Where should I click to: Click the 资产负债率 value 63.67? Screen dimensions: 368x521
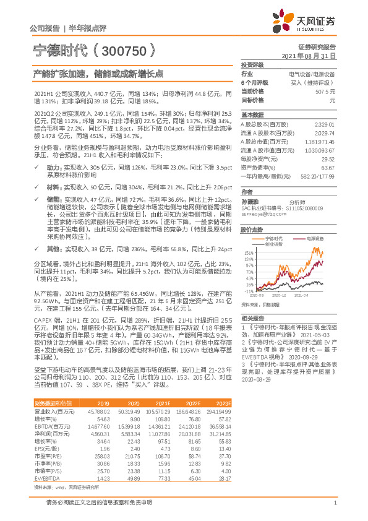(x=328, y=167)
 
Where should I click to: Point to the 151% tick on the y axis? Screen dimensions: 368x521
(x=249, y=253)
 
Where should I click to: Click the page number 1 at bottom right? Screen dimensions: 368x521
(x=335, y=503)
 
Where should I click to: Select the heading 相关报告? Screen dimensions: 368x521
(x=252, y=316)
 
